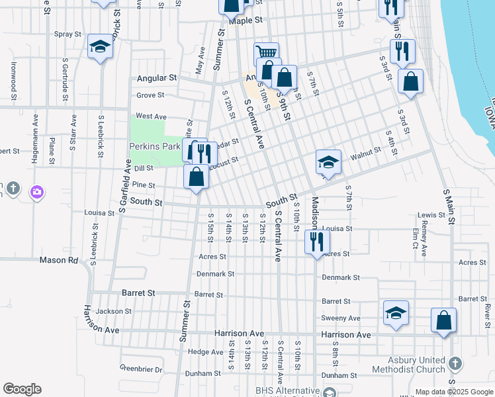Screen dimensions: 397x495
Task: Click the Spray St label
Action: (x=67, y=34)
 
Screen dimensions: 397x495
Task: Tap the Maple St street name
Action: (x=242, y=21)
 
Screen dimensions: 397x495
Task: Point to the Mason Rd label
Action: (x=59, y=260)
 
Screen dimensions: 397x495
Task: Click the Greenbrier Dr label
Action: (x=141, y=368)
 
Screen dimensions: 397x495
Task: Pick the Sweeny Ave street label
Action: (x=341, y=318)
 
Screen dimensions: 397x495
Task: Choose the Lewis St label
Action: (x=431, y=215)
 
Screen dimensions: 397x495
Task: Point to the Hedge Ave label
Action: (x=202, y=352)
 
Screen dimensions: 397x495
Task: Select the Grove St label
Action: (x=150, y=95)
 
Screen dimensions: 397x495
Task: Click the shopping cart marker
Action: (x=266, y=52)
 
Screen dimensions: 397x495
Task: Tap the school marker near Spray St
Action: (x=100, y=46)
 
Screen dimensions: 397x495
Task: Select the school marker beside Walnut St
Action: (x=328, y=161)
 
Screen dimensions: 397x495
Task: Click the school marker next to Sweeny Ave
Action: (x=396, y=312)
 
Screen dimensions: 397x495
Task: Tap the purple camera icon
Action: (x=37, y=192)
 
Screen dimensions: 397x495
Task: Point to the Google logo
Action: (x=22, y=389)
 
